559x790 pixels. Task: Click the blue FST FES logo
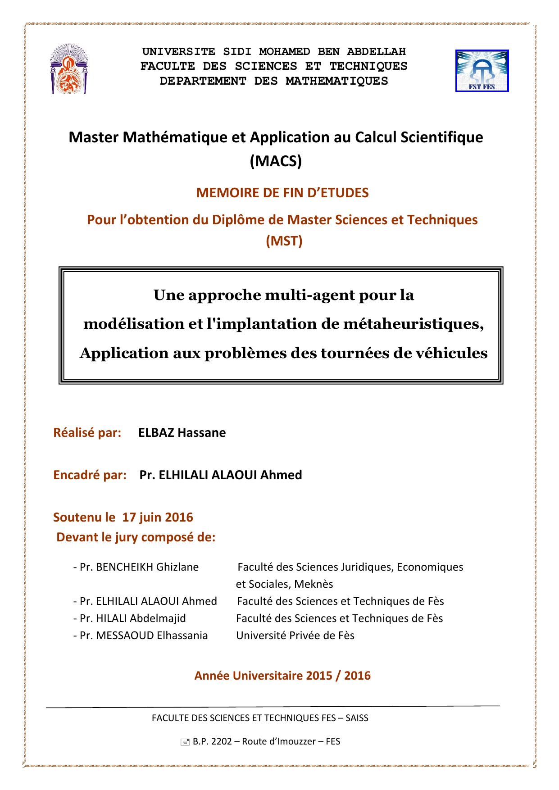pos(482,71)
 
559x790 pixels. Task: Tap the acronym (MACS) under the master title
pos(276,161)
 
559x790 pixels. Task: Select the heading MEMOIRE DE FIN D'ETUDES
pos(282,193)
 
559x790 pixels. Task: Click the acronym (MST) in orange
pos(284,241)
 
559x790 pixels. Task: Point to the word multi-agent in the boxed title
pos(309,295)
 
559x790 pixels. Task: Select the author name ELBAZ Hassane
pos(182,433)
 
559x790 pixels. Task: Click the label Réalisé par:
pos(87,433)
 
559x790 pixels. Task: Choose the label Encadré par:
pos(90,475)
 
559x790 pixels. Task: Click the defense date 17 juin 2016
pos(158,517)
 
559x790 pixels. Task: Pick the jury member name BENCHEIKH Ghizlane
pos(147,567)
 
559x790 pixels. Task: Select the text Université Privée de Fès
pos(295,636)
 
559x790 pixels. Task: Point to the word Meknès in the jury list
pos(314,584)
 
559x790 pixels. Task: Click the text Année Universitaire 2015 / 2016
pos(282,676)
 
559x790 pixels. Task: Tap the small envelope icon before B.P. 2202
pos(185,742)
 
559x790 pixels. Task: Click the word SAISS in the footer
pos(357,718)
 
